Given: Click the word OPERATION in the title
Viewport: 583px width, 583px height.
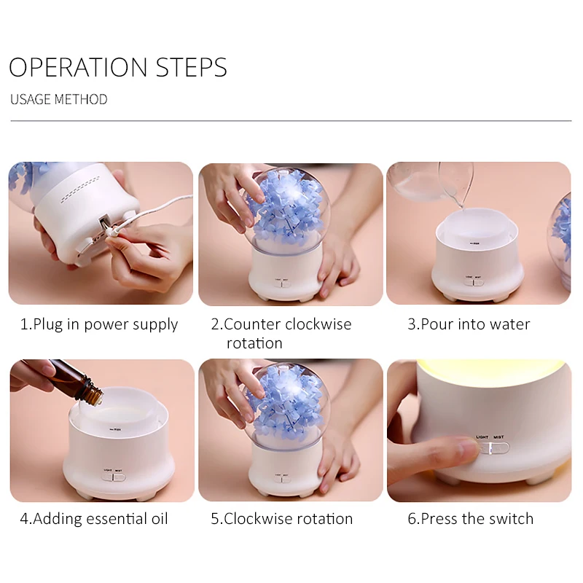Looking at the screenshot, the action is point(78,67).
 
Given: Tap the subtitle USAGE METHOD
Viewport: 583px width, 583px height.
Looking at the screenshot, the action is point(59,99).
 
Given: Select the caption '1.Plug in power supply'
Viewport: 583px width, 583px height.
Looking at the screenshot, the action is point(99,324).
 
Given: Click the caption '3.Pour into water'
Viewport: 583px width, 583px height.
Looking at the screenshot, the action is point(469,324).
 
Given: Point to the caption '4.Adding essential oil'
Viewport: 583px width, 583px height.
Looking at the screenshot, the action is point(94,519).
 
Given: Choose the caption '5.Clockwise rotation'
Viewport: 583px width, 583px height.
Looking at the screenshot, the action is point(282,519).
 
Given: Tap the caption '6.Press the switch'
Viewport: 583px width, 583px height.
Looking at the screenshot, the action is point(470,519).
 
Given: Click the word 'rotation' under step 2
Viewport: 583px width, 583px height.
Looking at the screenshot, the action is point(254,343).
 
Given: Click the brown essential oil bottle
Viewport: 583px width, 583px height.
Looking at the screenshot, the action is point(74,381).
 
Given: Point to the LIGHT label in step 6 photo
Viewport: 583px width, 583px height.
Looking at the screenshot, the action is point(482,437).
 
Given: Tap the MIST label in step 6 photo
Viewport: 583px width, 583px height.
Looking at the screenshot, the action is point(498,437).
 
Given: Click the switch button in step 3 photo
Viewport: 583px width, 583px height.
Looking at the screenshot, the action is point(474,282).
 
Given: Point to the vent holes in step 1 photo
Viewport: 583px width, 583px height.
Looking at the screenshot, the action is point(80,189).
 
